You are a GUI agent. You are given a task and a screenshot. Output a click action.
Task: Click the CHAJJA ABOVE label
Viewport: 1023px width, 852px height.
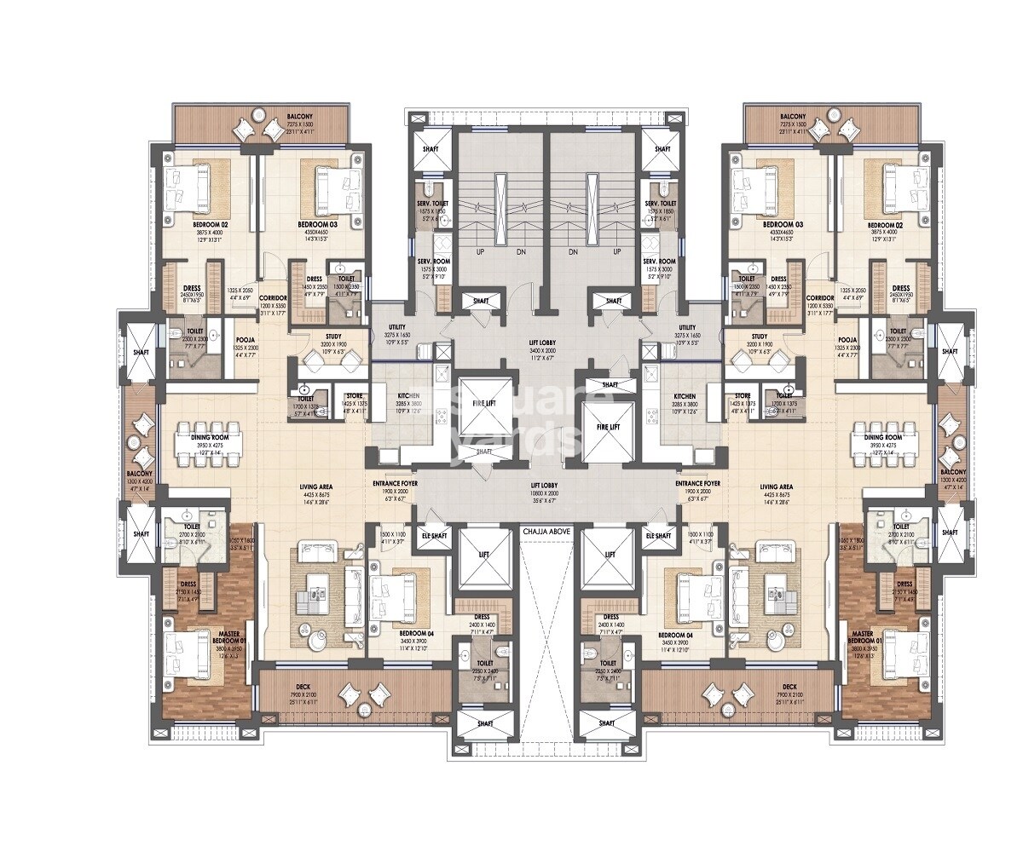pyautogui.click(x=547, y=530)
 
